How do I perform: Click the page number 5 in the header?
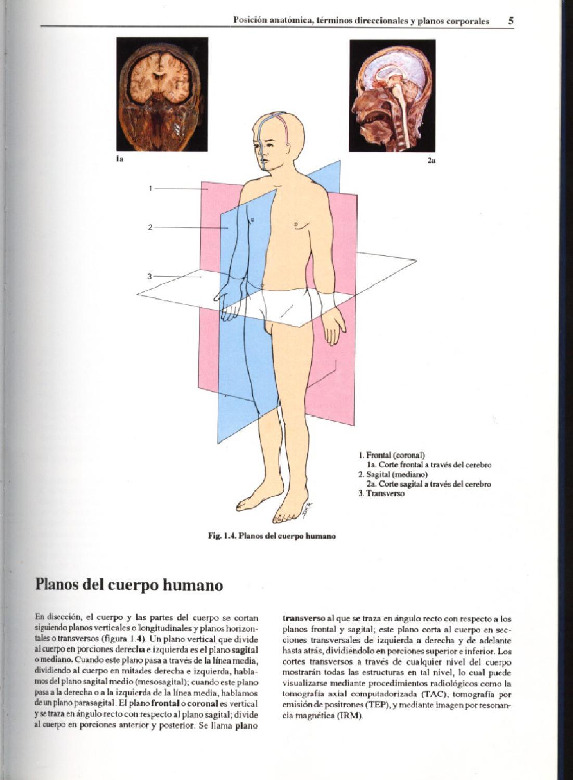click(x=511, y=21)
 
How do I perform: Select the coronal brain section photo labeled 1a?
click(x=162, y=94)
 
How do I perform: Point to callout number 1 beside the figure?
click(x=150, y=188)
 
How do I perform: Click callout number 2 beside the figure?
click(x=150, y=227)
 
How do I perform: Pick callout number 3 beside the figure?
click(x=150, y=276)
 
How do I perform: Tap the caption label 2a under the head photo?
click(x=431, y=161)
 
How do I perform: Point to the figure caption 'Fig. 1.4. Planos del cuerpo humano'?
click(x=271, y=536)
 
